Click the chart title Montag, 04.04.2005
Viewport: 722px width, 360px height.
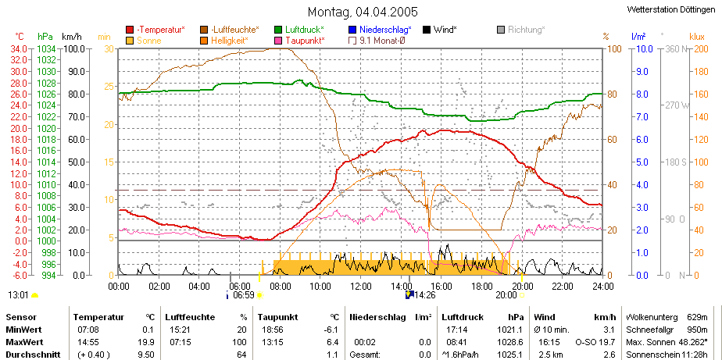coord(363,12)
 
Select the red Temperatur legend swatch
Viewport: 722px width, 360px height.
coord(130,30)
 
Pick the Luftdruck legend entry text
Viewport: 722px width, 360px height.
coord(305,30)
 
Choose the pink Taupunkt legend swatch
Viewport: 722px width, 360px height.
coord(278,41)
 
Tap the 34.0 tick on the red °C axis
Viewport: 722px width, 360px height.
coord(21,48)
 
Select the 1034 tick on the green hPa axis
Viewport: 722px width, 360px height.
coord(47,48)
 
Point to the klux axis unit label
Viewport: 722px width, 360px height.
coord(697,37)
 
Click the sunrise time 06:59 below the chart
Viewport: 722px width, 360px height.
coord(244,295)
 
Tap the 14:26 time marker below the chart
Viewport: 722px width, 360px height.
coord(424,295)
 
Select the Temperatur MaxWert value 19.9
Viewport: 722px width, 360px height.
coord(148,342)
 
